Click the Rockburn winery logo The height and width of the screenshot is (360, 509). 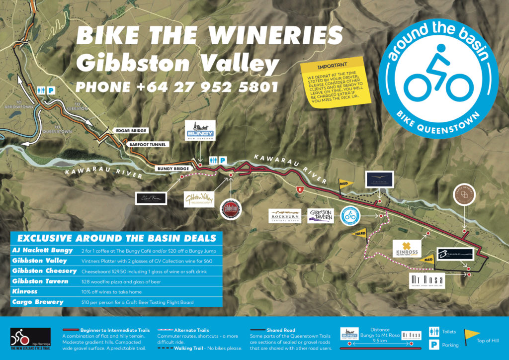pyautogui.click(x=285, y=216)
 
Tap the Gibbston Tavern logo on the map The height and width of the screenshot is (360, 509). pyautogui.click(x=321, y=216)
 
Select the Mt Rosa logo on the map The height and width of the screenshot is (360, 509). pyautogui.click(x=426, y=281)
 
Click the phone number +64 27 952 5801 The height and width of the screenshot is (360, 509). pyautogui.click(x=176, y=87)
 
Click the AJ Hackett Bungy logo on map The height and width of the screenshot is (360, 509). pyautogui.click(x=199, y=131)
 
